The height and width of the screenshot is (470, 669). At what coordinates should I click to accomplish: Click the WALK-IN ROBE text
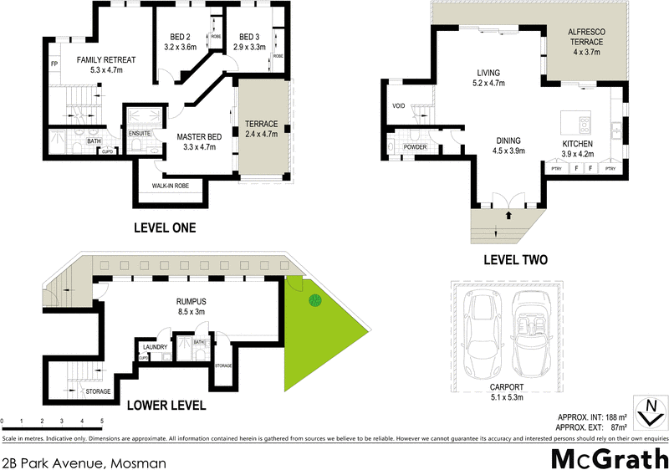point(169,186)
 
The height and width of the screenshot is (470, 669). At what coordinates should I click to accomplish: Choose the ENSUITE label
point(139,134)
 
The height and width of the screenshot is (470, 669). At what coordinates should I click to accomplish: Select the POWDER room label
point(415,147)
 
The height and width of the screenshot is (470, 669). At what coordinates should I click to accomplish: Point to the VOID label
point(398,106)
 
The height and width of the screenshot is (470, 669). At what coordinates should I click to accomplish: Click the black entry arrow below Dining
point(508,216)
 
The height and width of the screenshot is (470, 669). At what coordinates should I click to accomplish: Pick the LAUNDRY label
point(156,347)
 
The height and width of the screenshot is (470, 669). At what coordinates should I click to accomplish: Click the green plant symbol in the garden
point(315,300)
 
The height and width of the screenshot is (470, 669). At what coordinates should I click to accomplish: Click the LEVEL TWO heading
point(515,260)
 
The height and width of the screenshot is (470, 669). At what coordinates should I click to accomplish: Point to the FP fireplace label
point(54,64)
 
